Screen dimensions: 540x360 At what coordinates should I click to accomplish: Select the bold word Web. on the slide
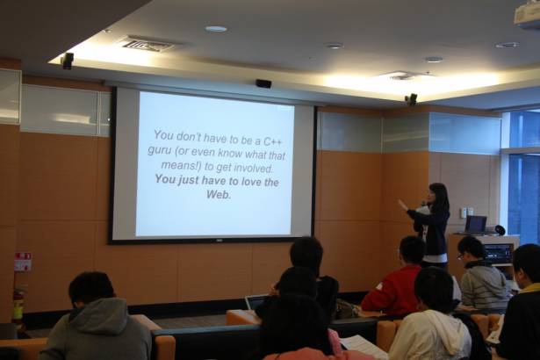tap(219, 195)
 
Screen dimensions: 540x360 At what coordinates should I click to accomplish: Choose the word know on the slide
tap(231, 153)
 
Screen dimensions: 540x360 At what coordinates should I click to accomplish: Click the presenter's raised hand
tap(402, 205)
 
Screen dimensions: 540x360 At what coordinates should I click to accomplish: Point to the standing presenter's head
tap(436, 195)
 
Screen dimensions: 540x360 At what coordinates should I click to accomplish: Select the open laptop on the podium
tap(476, 225)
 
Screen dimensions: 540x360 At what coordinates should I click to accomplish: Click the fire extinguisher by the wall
tap(18, 304)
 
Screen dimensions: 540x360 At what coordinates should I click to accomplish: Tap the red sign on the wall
tap(23, 262)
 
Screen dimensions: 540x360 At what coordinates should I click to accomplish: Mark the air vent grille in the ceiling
tap(148, 45)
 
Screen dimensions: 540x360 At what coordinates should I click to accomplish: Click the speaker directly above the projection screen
tap(263, 83)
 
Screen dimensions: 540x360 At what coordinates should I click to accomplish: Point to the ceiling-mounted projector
tap(527, 13)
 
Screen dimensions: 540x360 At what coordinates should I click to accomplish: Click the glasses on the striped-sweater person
tap(460, 256)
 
